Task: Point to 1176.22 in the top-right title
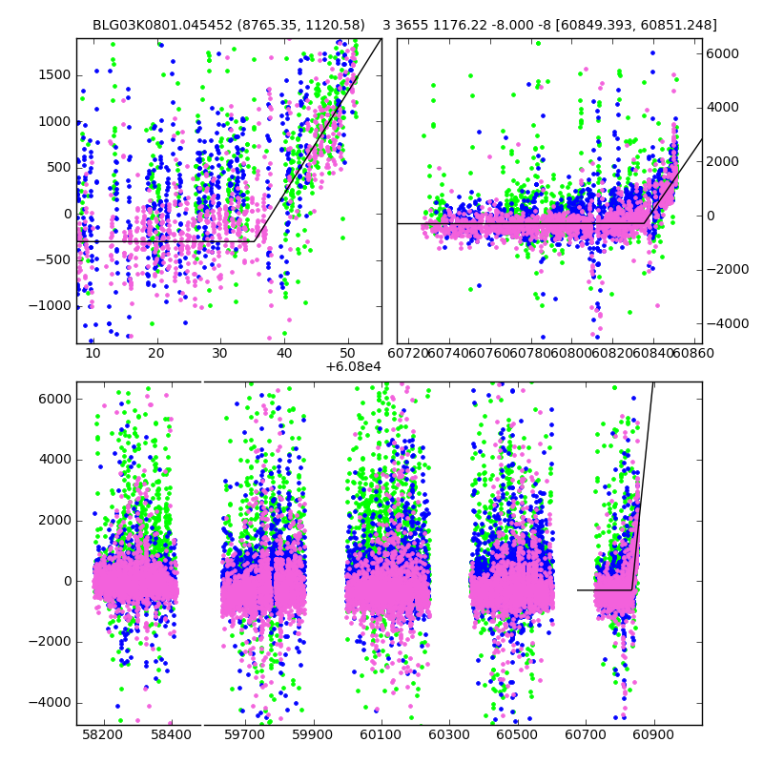pos(471,25)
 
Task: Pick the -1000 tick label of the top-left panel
pos(52,306)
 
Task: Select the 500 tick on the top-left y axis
pos(59,168)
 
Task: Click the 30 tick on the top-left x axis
pos(220,353)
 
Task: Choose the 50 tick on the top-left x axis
pos(348,353)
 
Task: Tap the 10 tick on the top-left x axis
pos(93,353)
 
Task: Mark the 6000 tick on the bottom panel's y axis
pos(55,398)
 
